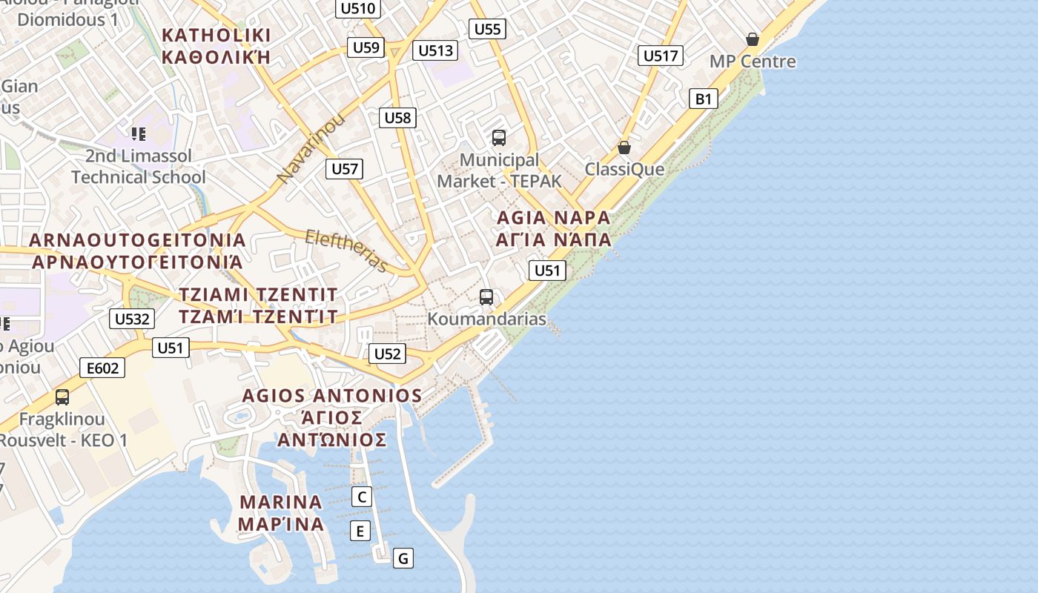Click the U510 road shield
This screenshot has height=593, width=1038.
click(x=360, y=9)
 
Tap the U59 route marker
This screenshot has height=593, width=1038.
click(x=366, y=48)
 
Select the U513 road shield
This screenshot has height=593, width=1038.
click(x=435, y=50)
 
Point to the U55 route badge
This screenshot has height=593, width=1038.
click(x=487, y=30)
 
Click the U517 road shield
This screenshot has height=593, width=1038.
click(x=660, y=56)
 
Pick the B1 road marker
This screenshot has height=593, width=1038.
click(x=704, y=99)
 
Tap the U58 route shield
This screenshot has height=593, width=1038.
click(x=397, y=117)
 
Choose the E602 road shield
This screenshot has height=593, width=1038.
click(x=102, y=368)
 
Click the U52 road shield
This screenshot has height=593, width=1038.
click(x=388, y=354)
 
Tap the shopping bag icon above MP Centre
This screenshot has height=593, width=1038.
click(x=753, y=39)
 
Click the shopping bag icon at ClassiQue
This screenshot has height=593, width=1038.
click(x=624, y=148)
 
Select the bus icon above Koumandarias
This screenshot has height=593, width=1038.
click(x=486, y=297)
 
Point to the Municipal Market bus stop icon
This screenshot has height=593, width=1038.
click(x=499, y=138)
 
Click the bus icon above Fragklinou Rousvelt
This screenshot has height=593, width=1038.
click(x=62, y=397)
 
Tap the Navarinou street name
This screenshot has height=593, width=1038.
click(x=311, y=148)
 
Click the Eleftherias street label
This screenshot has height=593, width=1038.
click(x=347, y=250)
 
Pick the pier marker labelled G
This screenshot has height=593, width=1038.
click(x=403, y=558)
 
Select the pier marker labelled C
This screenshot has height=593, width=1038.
click(x=361, y=497)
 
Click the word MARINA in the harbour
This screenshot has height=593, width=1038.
click(x=281, y=502)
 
